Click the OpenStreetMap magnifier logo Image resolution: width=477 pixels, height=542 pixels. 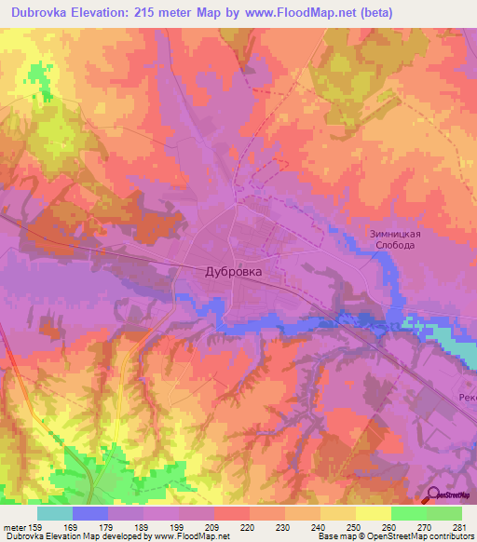433,495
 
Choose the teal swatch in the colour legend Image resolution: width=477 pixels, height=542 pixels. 55,513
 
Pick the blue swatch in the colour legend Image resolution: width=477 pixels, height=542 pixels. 90,513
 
